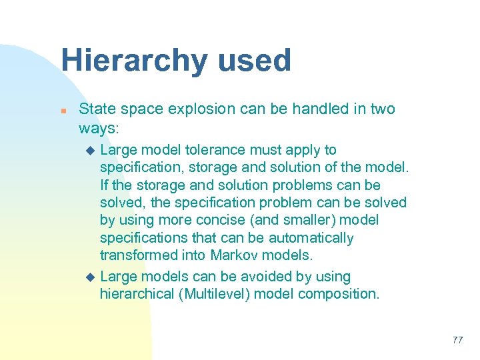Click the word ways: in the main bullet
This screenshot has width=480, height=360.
(99, 127)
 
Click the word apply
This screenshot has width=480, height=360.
(305, 150)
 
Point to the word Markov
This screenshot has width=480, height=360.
(231, 255)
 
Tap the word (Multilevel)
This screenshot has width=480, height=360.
(214, 294)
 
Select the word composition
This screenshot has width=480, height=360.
(340, 294)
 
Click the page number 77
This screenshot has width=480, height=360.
(457, 340)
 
